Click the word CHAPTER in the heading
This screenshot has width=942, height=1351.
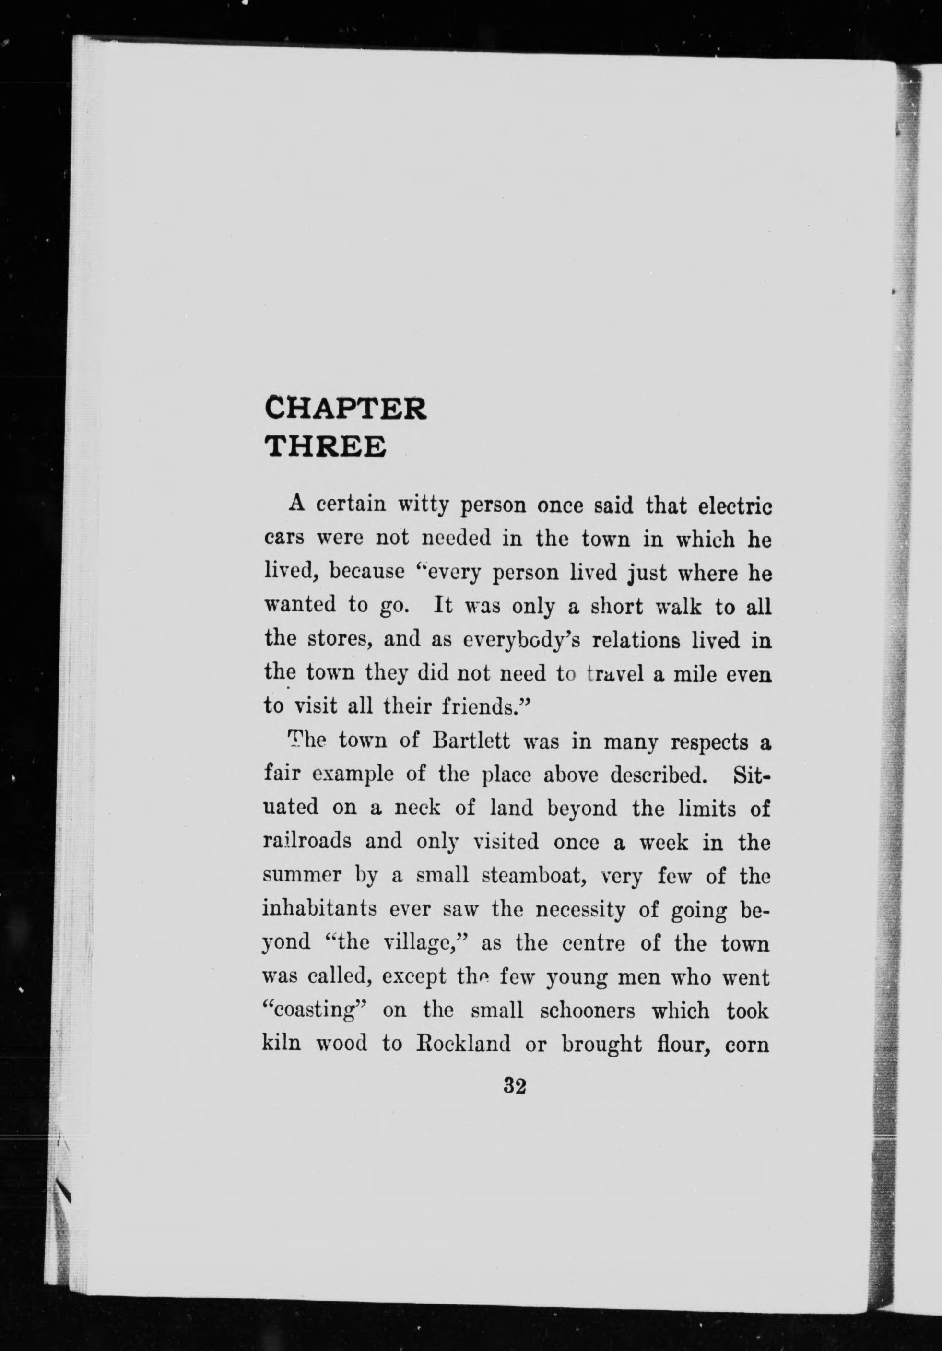[x=345, y=408]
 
